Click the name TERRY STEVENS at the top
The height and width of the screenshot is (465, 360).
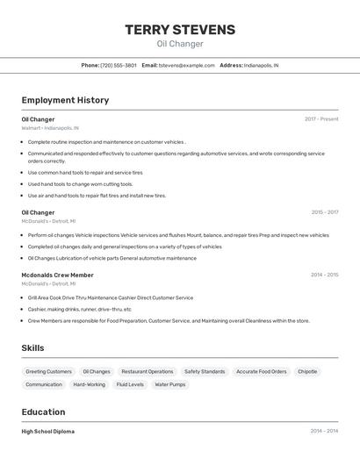180,30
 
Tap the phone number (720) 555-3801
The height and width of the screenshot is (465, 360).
119,65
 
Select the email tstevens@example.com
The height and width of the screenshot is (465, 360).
187,65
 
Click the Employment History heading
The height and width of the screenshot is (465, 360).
65,100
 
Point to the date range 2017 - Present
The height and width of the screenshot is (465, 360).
321,119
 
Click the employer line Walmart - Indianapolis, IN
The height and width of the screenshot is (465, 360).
50,127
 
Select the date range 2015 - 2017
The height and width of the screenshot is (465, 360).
324,212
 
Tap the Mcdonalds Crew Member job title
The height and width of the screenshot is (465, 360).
57,275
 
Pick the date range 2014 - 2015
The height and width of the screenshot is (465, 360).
324,275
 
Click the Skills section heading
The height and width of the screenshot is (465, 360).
32,348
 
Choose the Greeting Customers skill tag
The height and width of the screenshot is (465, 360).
48,371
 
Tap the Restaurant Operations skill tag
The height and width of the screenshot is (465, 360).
148,371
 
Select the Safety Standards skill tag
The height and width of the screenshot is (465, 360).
205,371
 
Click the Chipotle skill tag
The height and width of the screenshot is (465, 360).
307,371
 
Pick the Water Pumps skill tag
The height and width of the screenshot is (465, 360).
170,384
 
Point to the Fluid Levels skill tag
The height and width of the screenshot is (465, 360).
130,384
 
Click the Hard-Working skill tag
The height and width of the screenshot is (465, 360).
89,384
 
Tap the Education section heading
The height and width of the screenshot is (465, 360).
43,412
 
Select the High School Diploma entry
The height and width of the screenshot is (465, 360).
48,432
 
